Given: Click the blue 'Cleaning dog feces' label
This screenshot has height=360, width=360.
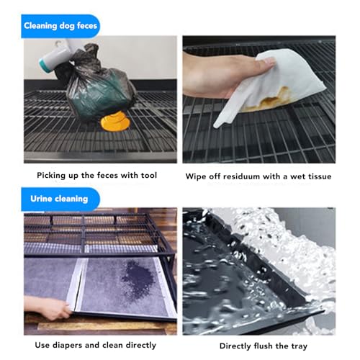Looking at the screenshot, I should point(60,26).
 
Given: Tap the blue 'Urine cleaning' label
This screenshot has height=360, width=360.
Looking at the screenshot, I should point(60,197).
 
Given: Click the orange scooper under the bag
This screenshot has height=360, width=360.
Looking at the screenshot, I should point(115,122).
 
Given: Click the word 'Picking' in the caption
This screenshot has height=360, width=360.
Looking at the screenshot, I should point(53,176).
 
